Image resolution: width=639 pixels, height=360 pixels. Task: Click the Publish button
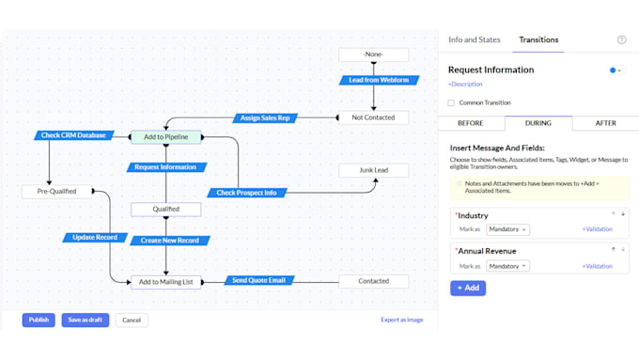pos(39,320)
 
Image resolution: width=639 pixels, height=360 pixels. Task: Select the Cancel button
pos(132,320)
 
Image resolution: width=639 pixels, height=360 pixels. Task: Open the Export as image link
pos(402,320)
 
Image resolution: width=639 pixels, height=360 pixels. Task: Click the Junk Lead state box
pos(374,170)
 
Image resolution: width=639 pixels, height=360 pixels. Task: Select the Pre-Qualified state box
pos(56,191)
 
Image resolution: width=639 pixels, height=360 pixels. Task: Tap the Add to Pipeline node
pos(166,137)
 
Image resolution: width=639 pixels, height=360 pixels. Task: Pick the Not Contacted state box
pos(374,117)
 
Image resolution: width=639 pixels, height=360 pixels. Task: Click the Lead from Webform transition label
pos(379,80)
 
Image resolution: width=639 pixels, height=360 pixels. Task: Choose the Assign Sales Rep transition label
pos(265,117)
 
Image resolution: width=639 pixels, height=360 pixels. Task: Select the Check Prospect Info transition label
pos(247,193)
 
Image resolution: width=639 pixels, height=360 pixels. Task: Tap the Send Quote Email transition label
pos(259,280)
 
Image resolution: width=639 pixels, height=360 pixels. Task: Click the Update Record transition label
pos(95,237)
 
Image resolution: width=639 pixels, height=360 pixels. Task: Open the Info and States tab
pos(475,39)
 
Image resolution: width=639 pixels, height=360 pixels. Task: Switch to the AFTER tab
pos(605,123)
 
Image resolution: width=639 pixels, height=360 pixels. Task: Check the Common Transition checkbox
pos(451,102)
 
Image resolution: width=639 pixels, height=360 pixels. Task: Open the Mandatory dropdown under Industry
pos(507,229)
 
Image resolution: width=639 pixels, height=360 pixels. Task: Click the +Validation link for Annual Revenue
pos(598,266)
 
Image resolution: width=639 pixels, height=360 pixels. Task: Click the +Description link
pos(465,84)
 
